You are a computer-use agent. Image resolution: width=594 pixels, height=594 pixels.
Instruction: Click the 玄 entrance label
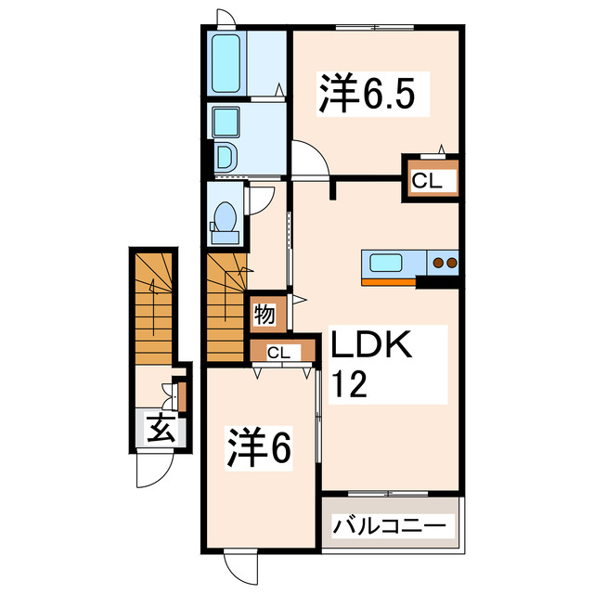pyautogui.click(x=161, y=429)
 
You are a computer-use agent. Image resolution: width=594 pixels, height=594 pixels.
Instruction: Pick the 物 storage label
pyautogui.click(x=265, y=315)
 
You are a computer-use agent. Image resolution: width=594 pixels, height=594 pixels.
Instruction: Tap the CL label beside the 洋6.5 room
pyautogui.click(x=428, y=182)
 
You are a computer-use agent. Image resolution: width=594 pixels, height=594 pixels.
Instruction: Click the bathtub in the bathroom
pyautogui.click(x=226, y=63)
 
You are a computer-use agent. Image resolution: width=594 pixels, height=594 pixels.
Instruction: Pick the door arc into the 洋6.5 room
pyautogui.click(x=310, y=156)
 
